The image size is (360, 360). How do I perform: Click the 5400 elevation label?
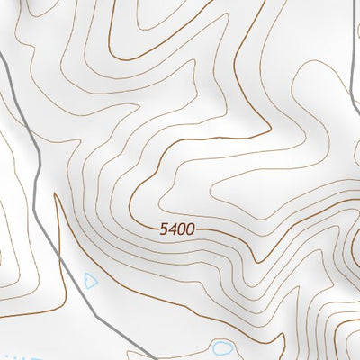click(x=177, y=230)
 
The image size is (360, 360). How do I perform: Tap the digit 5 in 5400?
click(x=164, y=230)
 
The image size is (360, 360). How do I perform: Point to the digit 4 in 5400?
click(x=172, y=230)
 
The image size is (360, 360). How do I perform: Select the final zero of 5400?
click(x=190, y=230)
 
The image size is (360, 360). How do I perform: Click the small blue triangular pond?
click(x=89, y=281)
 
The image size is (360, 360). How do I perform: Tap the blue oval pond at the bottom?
click(x=221, y=346)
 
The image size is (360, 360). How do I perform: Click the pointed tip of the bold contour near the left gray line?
click(x=56, y=196)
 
